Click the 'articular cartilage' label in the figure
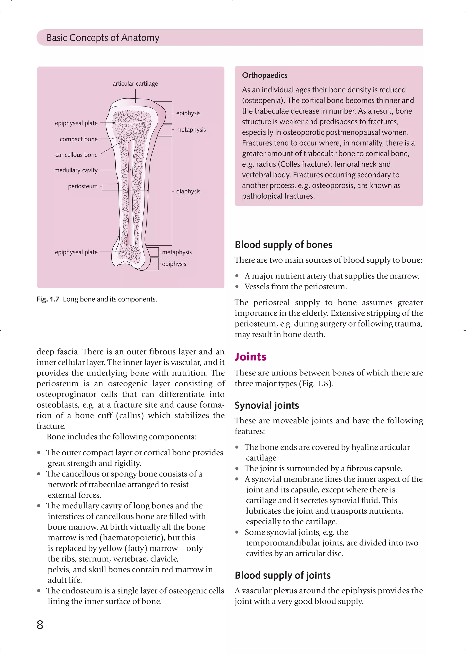[x=135, y=84]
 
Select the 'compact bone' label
[x=79, y=139]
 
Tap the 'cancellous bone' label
[x=76, y=155]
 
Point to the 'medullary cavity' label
[x=76, y=170]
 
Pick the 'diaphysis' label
[x=188, y=191]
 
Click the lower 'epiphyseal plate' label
[x=76, y=252]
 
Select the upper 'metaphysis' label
[x=191, y=130]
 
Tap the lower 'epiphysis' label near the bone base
[x=174, y=264]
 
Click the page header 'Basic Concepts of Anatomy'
[x=103, y=38]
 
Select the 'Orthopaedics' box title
[x=265, y=75]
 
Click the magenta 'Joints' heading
[x=251, y=357]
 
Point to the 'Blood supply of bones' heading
[x=283, y=245]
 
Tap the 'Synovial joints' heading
[x=267, y=406]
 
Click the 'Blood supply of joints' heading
[x=282, y=575]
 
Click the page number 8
[x=40, y=625]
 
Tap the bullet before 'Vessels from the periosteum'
[x=237, y=286]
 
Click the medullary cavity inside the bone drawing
[x=132, y=195]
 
